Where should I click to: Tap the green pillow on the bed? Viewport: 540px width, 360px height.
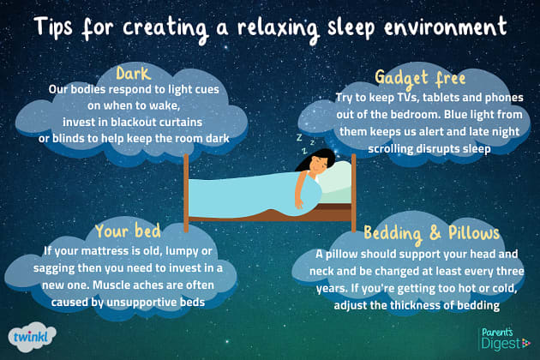(x=339, y=176)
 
